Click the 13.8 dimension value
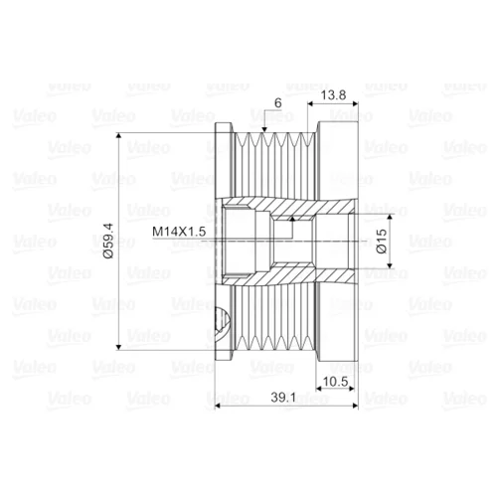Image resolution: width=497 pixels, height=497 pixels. (x=333, y=95)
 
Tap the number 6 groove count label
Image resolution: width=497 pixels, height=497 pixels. (x=278, y=103)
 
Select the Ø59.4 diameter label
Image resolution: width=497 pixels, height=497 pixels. (x=108, y=241)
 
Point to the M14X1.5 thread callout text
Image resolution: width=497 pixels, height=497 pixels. (x=179, y=232)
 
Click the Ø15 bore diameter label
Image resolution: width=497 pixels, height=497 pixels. (x=382, y=241)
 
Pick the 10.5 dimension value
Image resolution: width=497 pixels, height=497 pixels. (x=335, y=382)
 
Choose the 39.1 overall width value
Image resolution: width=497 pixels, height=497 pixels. (x=283, y=398)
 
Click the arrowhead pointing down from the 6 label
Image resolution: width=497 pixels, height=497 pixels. (x=264, y=129)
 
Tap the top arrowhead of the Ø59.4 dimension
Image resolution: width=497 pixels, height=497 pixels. (x=118, y=136)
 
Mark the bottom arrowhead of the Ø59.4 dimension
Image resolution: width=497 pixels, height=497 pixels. (x=118, y=347)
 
